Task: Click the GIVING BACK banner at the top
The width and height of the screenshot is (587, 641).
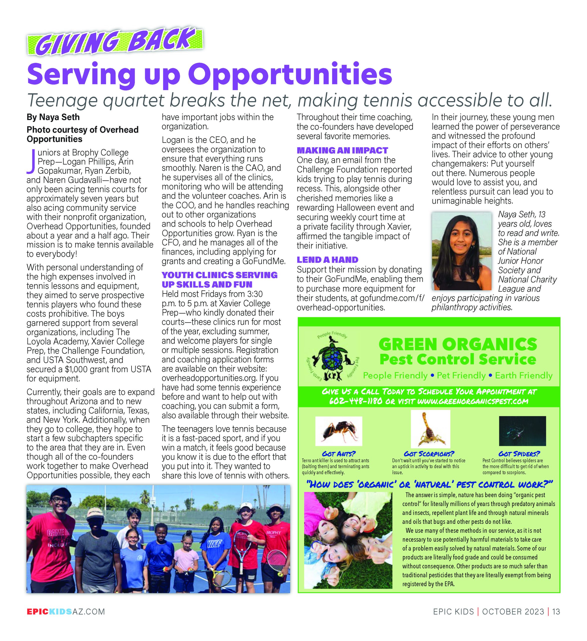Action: pos(115,41)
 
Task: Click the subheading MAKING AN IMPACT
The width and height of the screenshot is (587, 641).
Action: pos(342,150)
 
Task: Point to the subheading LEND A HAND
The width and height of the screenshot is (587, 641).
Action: pos(327,260)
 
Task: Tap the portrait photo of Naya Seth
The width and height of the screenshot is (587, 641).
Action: pos(461,251)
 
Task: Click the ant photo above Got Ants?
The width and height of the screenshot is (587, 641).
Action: pos(339,431)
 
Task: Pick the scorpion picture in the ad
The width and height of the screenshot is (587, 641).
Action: pos(430,429)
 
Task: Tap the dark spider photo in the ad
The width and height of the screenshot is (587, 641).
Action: pos(522,431)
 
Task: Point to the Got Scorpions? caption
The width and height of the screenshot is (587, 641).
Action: pos(429,454)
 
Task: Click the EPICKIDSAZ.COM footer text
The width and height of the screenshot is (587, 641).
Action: pos(66,612)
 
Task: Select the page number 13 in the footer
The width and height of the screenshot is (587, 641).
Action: pos(556,612)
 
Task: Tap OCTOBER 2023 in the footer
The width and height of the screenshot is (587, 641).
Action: pos(513,612)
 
